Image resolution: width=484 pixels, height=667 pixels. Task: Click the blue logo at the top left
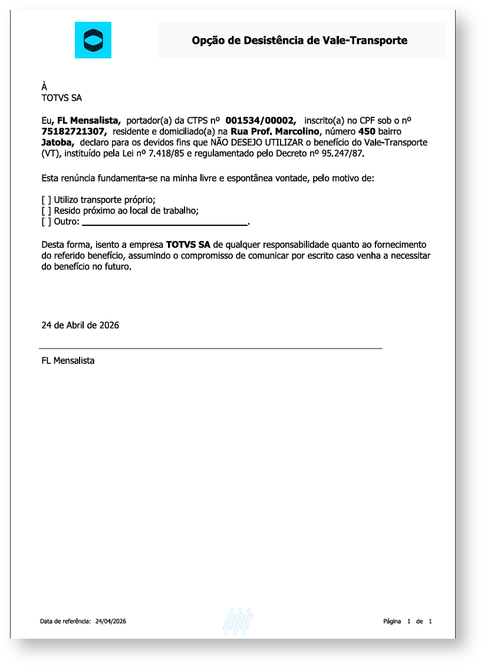(x=93, y=40)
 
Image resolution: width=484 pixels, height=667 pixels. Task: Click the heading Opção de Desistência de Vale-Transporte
(x=299, y=41)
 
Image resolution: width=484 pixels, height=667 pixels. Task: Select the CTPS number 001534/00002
(x=260, y=120)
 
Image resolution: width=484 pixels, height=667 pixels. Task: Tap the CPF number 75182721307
(x=74, y=132)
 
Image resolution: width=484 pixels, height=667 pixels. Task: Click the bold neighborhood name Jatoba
(x=57, y=143)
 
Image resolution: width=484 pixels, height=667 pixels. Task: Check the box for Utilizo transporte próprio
(x=46, y=200)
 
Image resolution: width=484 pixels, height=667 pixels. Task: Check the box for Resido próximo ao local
(x=46, y=211)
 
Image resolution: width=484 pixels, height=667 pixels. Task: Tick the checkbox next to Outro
(x=46, y=222)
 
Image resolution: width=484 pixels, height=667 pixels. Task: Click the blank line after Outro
(x=164, y=224)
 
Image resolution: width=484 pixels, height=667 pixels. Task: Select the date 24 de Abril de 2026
(x=80, y=325)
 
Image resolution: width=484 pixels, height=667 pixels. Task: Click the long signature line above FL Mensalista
(x=210, y=349)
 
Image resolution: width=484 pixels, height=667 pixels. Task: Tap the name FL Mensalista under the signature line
(x=68, y=360)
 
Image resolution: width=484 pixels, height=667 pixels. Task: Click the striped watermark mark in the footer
(x=238, y=622)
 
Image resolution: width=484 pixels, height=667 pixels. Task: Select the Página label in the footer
(x=392, y=621)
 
